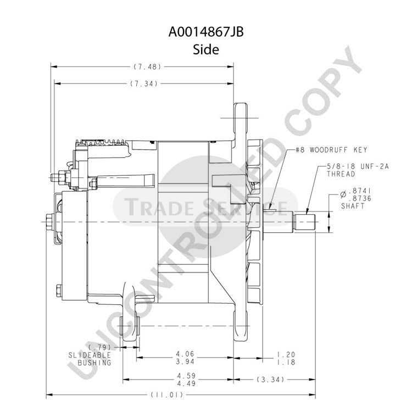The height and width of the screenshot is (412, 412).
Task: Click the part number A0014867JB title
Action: click(x=206, y=32)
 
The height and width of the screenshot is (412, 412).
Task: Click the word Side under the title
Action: click(x=206, y=49)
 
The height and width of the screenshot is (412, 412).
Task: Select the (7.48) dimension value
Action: click(x=147, y=66)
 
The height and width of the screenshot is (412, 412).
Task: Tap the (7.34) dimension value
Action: click(x=144, y=83)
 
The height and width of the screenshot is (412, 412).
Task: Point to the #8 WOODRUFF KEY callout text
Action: click(x=331, y=150)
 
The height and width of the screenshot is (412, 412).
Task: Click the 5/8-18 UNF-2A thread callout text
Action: click(x=358, y=170)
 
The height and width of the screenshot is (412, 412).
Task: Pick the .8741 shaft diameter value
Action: click(x=359, y=191)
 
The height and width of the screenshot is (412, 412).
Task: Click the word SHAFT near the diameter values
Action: click(x=353, y=206)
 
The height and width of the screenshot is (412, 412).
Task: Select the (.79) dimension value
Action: click(x=99, y=347)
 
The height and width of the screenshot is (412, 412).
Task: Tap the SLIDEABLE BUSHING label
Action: click(x=90, y=359)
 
